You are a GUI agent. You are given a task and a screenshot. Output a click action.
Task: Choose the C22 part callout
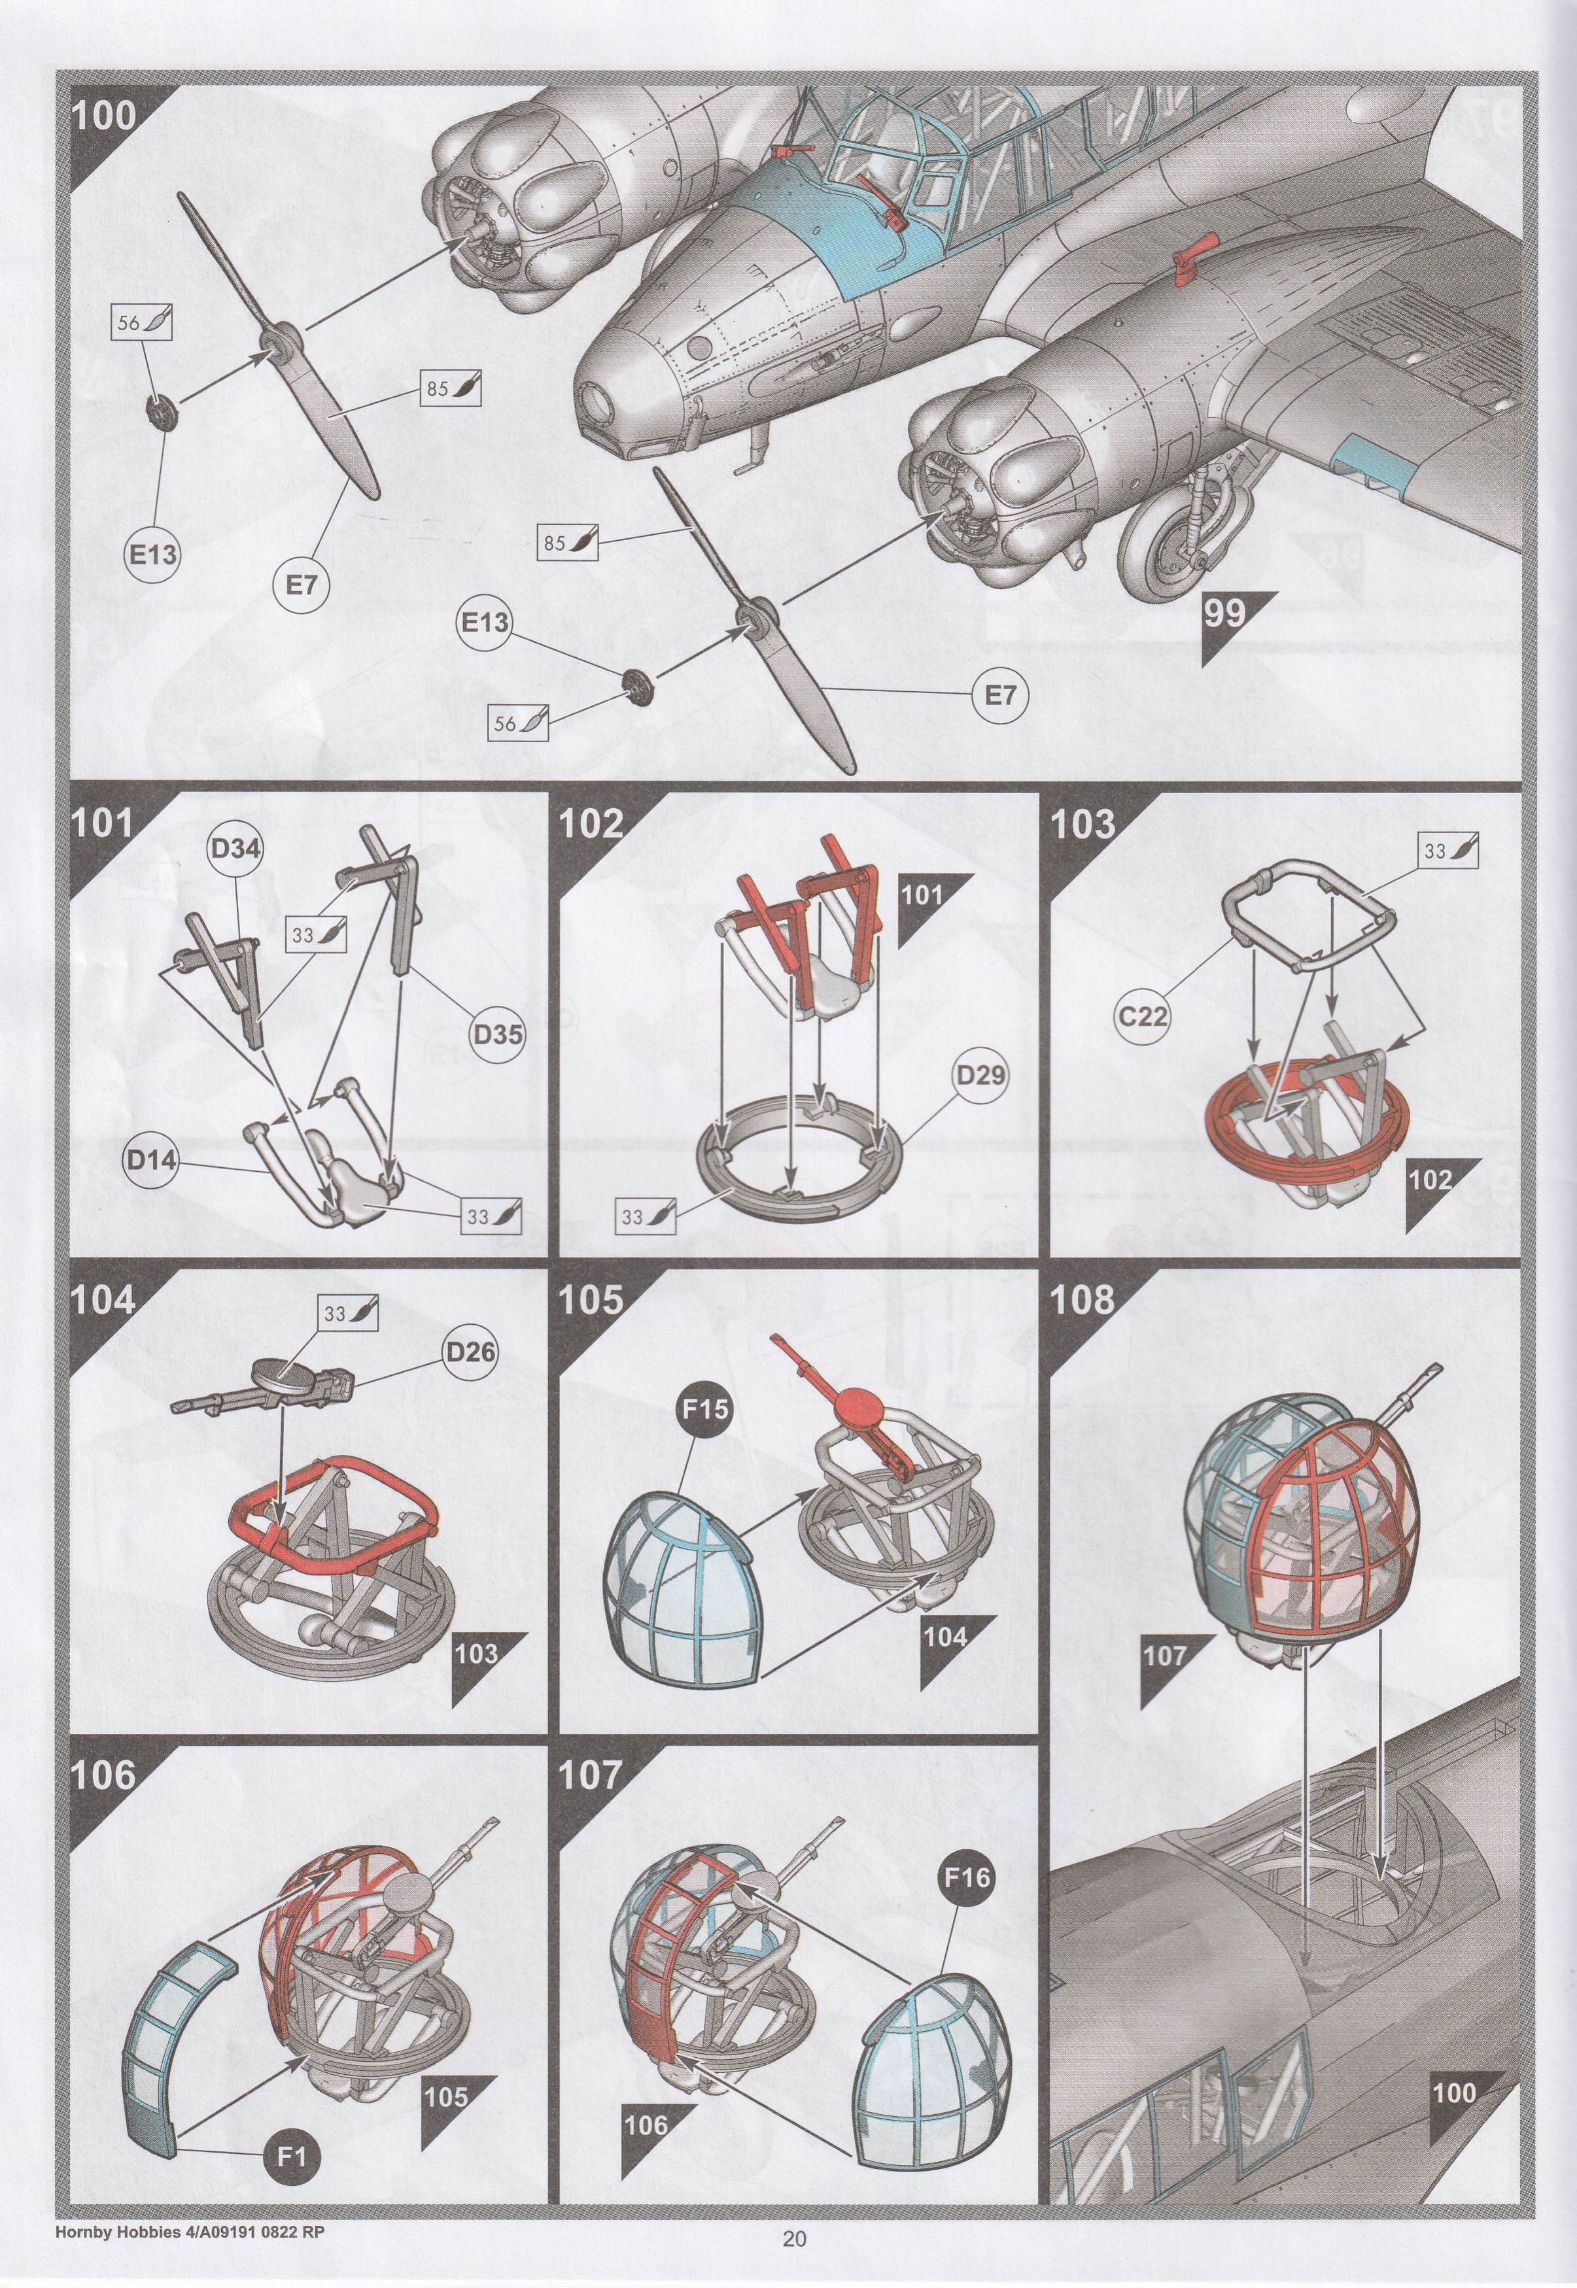tap(1144, 1015)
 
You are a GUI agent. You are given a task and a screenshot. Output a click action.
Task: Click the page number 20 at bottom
tap(795, 2259)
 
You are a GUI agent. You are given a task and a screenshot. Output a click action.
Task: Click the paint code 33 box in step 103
tap(1449, 851)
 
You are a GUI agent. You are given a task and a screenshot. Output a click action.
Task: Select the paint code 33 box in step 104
tap(349, 1314)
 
